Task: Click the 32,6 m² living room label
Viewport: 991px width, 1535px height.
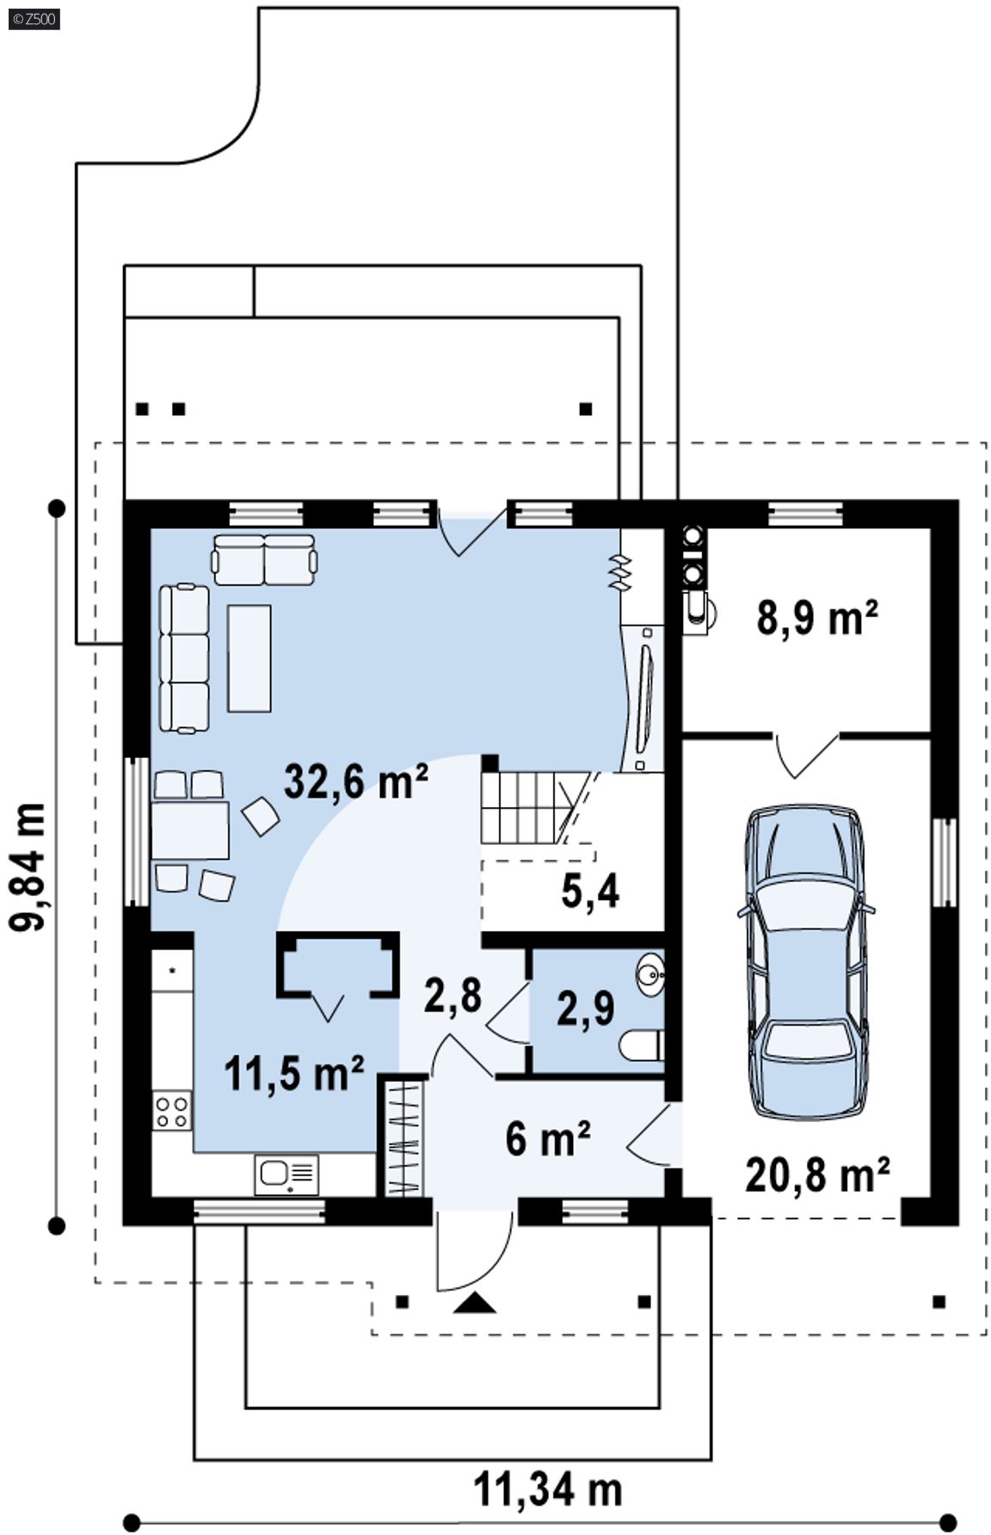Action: point(355,781)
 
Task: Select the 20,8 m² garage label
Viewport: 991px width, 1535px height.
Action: point(816,1174)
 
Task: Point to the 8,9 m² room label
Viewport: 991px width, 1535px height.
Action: point(817,617)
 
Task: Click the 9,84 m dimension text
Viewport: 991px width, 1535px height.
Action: point(28,866)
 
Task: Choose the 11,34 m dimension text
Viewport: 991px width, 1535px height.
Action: point(548,1489)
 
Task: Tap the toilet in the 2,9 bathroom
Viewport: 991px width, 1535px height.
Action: point(642,1045)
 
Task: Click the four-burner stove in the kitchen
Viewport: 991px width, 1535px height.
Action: point(172,1109)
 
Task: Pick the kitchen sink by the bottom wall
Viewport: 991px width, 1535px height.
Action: point(286,1174)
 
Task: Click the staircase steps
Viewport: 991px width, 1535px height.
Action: point(525,808)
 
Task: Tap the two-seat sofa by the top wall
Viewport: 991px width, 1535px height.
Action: point(264,560)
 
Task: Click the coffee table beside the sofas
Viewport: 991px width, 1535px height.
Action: point(249,657)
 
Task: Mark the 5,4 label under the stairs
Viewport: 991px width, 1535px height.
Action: point(590,891)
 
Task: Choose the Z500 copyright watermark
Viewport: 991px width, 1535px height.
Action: point(34,19)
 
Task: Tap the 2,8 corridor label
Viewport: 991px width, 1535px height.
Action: point(452,995)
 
